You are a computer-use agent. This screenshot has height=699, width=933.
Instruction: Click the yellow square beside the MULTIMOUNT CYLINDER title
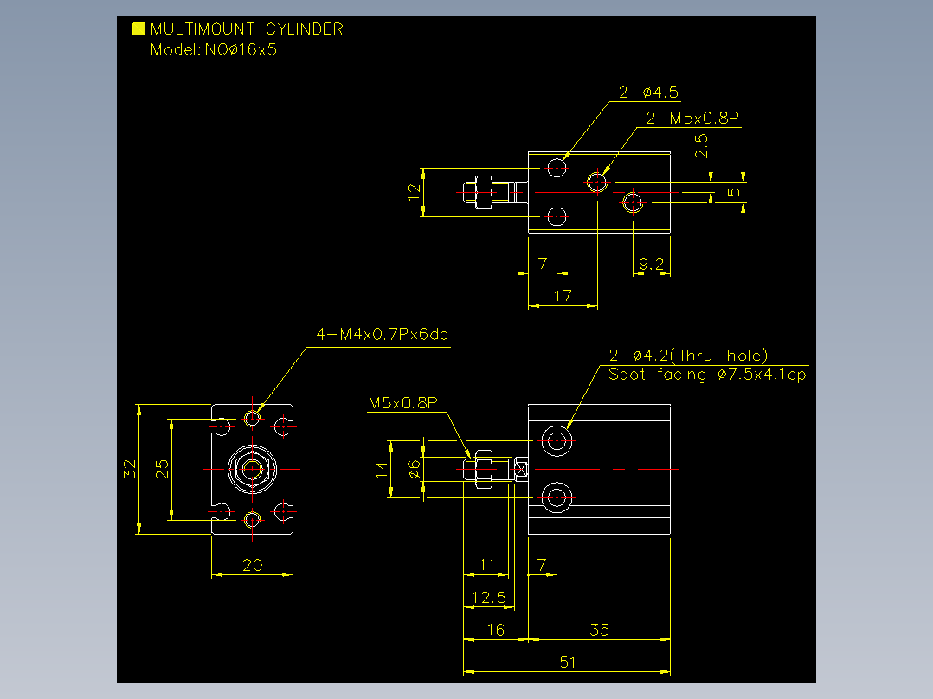(x=138, y=29)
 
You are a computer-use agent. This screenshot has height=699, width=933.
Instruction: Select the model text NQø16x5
(x=241, y=49)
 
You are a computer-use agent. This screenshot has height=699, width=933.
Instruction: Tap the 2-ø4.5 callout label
(x=648, y=93)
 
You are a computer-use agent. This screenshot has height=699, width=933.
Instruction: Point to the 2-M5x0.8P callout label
(x=692, y=118)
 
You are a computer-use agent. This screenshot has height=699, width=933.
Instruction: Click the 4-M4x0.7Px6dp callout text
(x=382, y=334)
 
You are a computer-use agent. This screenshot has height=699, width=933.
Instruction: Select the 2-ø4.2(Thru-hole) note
(x=688, y=356)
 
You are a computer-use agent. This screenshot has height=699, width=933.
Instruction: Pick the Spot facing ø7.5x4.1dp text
(x=707, y=375)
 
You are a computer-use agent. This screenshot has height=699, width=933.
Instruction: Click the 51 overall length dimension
(x=568, y=662)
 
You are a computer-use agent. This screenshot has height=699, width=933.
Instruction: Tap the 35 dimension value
(x=599, y=630)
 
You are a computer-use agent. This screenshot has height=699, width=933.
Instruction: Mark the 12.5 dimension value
(x=488, y=597)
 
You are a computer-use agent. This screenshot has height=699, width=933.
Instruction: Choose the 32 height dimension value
(x=130, y=469)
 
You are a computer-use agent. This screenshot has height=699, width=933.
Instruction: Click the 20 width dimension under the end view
(x=253, y=565)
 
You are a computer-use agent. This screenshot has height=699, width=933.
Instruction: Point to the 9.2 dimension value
(x=651, y=264)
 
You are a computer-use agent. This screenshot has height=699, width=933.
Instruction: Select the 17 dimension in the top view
(x=563, y=296)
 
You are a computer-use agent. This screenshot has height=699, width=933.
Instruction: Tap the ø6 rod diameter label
(x=414, y=470)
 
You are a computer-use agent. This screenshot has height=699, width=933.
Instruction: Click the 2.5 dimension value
(x=702, y=145)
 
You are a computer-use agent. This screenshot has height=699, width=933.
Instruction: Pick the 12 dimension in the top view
(x=414, y=192)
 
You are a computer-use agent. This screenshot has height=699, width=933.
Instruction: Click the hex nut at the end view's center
(x=253, y=470)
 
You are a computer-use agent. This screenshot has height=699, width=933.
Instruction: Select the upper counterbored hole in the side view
(x=557, y=441)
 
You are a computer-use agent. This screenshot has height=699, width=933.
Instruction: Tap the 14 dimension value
(x=382, y=470)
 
